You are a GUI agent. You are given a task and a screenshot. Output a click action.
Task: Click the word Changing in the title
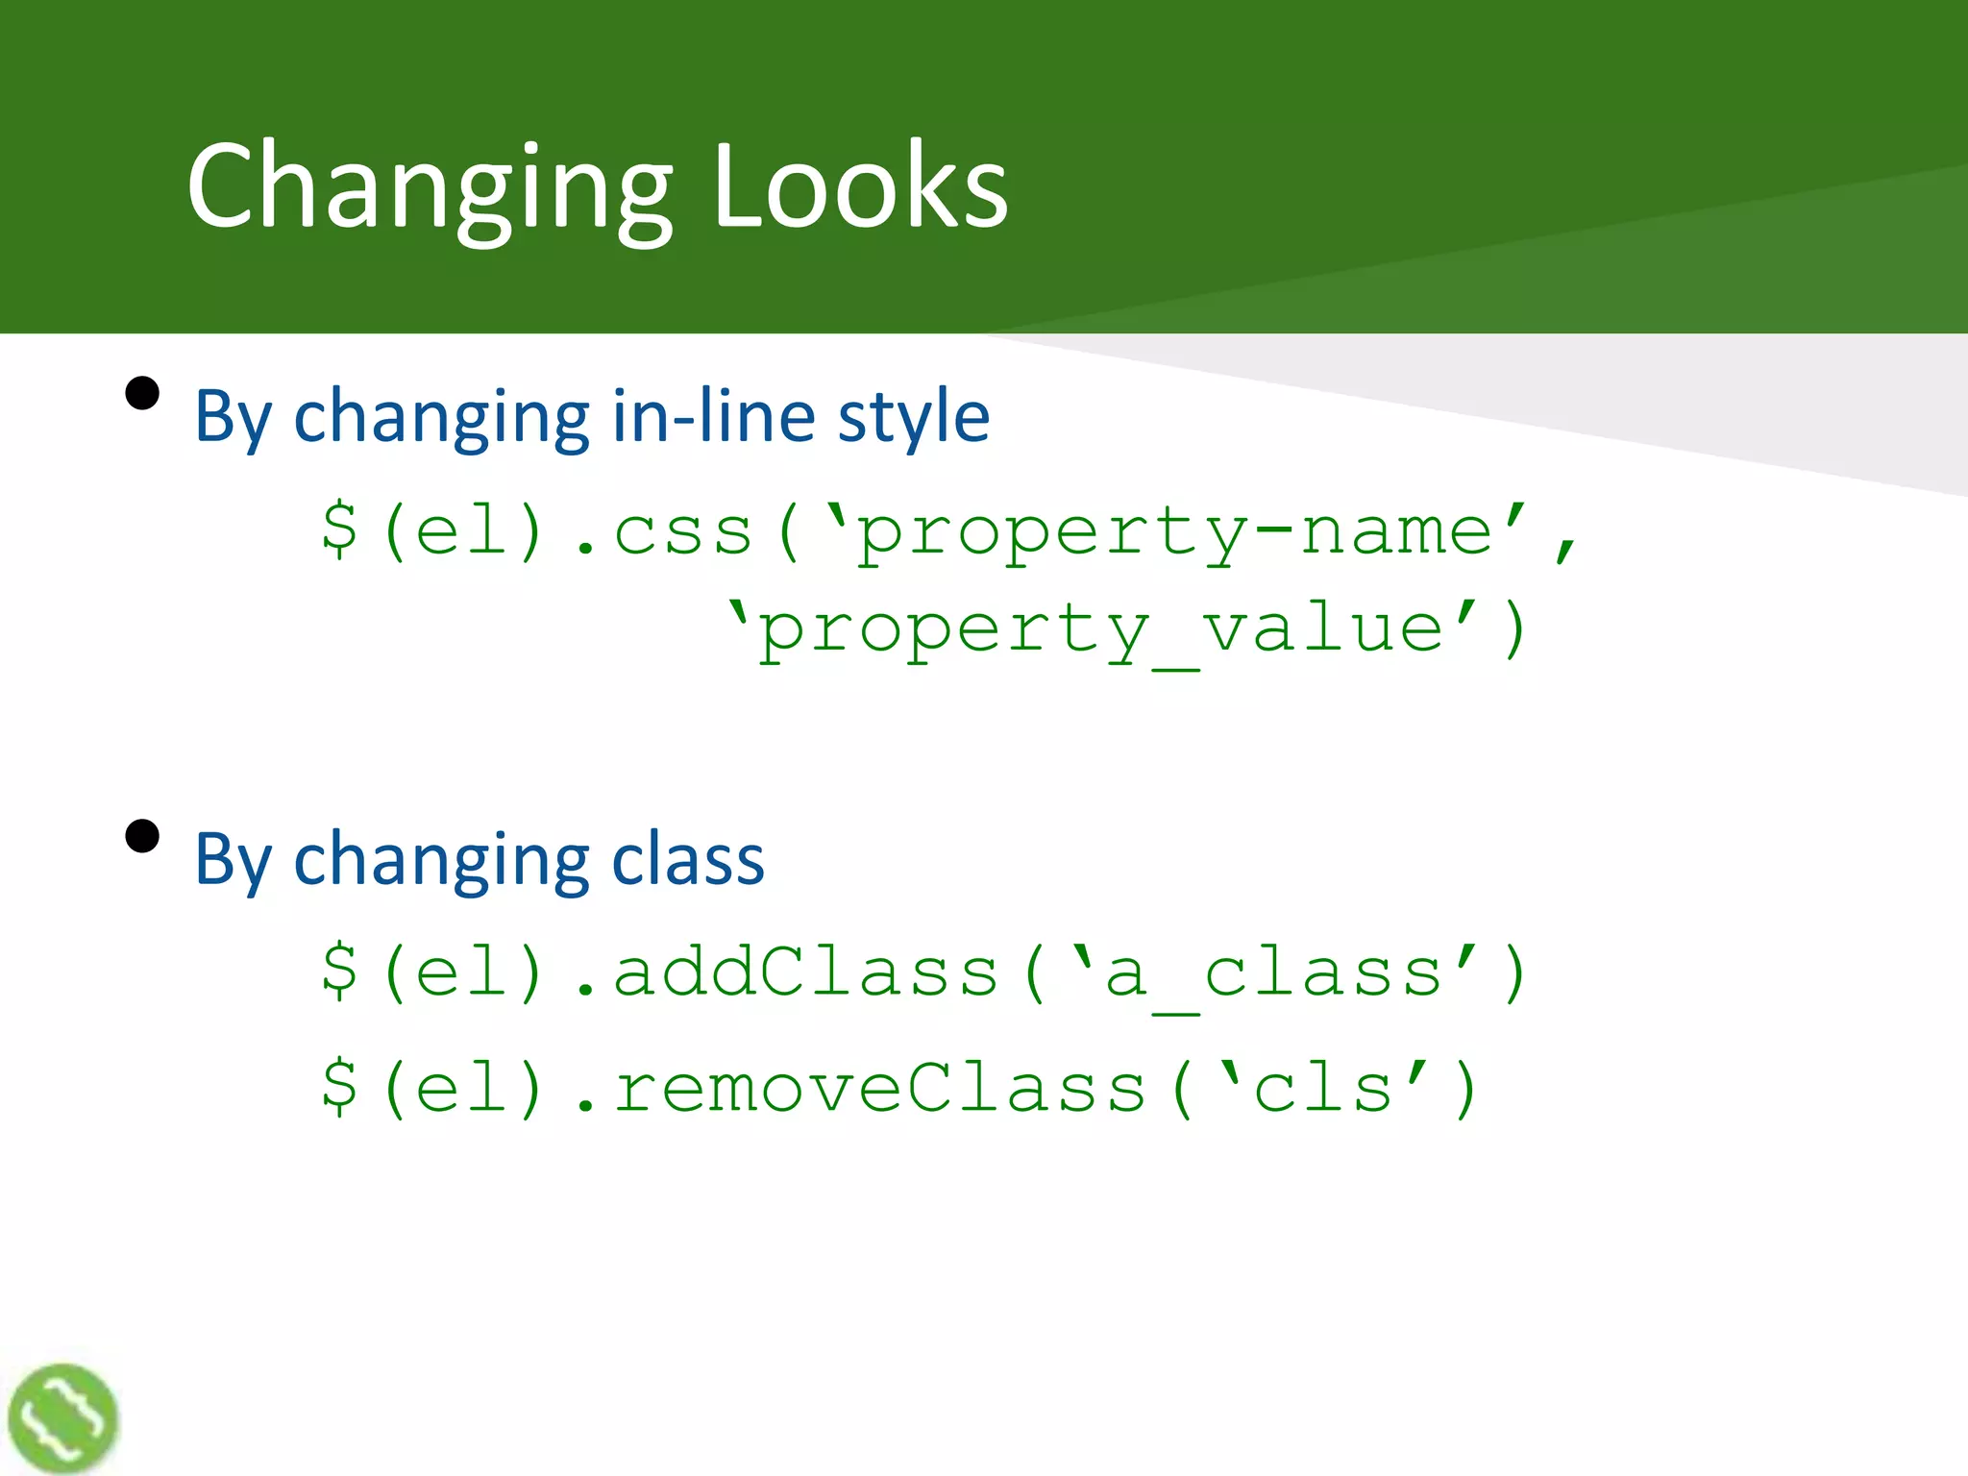[430, 187]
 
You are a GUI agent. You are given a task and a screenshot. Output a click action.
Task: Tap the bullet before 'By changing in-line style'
[142, 393]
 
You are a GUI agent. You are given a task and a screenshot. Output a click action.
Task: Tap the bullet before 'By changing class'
[142, 836]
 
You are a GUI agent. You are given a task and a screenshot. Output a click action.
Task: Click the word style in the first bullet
[913, 418]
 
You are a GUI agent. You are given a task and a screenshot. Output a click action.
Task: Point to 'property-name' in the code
[1174, 531]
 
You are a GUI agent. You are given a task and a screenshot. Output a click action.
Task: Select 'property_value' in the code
[1100, 630]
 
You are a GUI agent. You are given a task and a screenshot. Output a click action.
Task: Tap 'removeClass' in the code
[879, 1088]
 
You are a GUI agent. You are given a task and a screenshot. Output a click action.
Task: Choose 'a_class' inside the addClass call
[1273, 973]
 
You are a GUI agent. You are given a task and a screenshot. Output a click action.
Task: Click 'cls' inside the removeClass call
[1322, 1088]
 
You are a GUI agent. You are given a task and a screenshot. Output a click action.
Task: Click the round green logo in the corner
[62, 1418]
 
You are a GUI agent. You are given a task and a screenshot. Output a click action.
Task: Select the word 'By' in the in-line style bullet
[234, 418]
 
